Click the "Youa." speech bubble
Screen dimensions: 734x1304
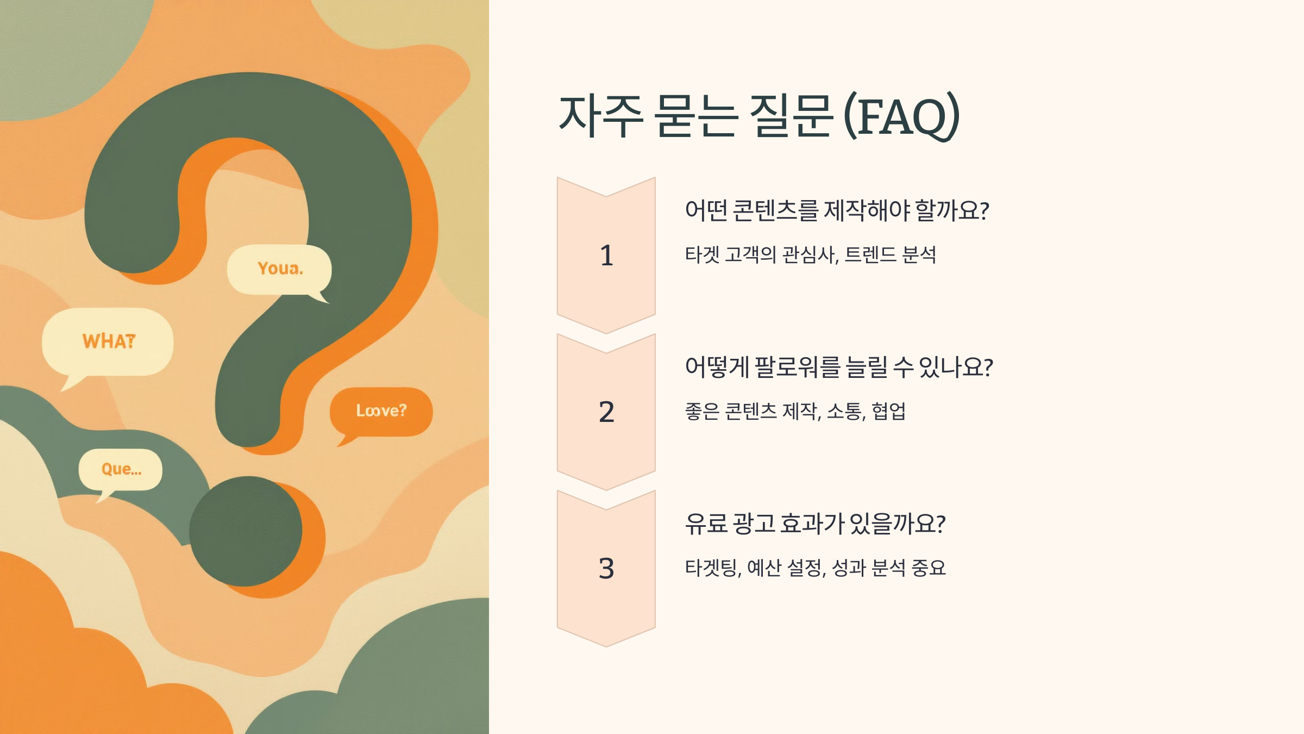point(279,269)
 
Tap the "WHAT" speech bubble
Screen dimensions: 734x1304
point(108,341)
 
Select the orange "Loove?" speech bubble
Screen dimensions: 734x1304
point(381,411)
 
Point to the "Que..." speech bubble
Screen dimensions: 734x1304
point(121,469)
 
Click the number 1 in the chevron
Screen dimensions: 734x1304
point(606,256)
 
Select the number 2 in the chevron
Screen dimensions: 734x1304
point(606,412)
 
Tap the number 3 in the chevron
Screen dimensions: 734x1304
point(606,569)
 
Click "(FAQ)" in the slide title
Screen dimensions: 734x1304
point(902,116)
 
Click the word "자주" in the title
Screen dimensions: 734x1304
point(601,116)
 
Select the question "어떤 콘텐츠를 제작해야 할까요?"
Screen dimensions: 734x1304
point(837,210)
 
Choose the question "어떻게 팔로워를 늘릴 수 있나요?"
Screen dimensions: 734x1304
point(839,367)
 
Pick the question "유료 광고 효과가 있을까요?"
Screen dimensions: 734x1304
point(815,524)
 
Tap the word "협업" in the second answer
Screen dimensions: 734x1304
point(889,411)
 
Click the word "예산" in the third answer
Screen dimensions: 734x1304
point(764,568)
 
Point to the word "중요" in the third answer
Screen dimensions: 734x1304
point(929,568)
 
